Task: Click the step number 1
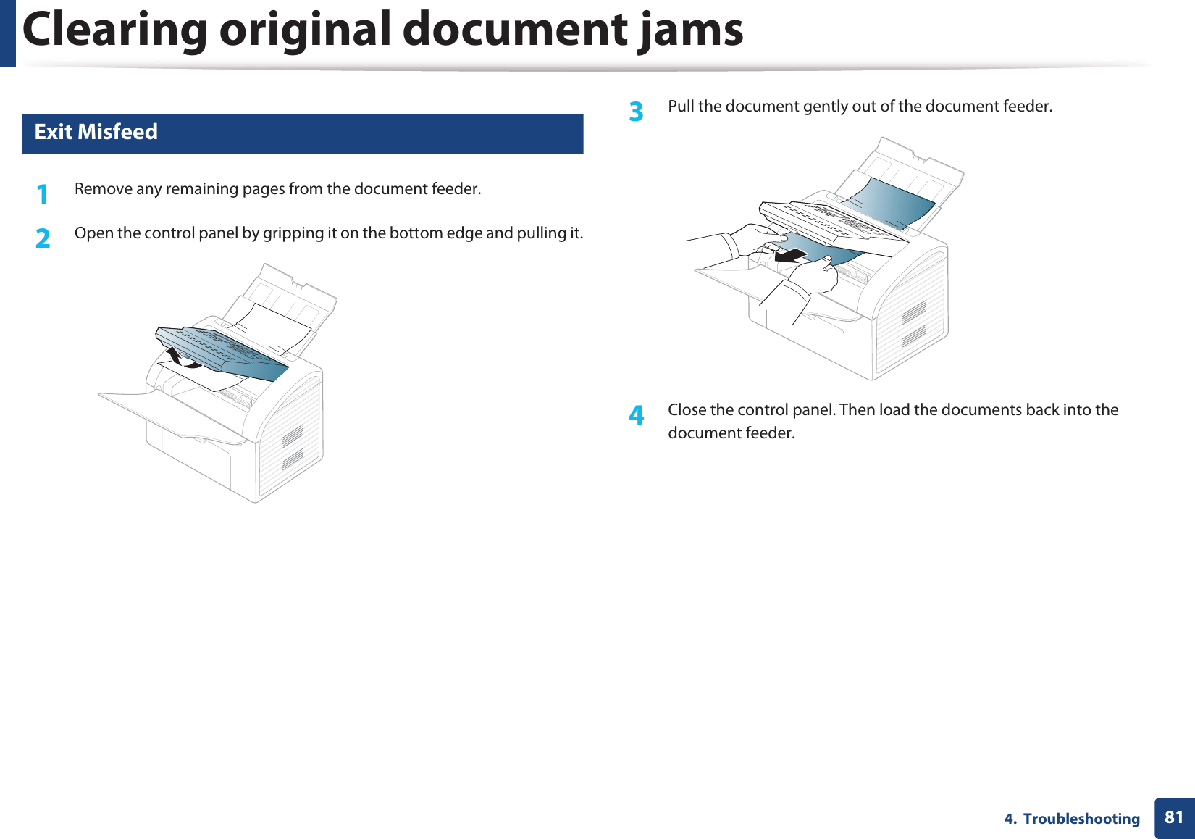tap(43, 194)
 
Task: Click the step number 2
tap(43, 238)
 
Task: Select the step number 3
tap(636, 112)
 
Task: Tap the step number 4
tap(636, 415)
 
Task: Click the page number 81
tap(1174, 817)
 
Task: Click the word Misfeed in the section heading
tap(117, 132)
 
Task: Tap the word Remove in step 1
tap(103, 189)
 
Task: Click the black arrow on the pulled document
tap(790, 255)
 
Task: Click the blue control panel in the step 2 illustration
tap(225, 351)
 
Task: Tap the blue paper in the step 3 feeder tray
tap(891, 199)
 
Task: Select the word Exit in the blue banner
tap(53, 132)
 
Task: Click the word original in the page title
tap(305, 30)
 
